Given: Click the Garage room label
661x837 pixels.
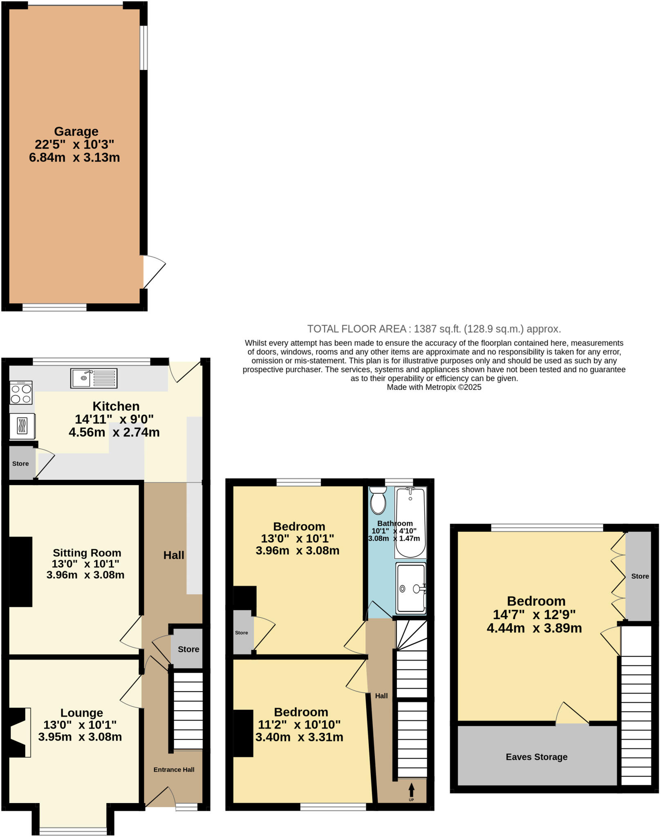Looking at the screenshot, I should (x=76, y=132).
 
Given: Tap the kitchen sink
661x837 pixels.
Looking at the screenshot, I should (x=94, y=378).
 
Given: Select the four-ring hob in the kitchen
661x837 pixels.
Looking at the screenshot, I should (x=21, y=393).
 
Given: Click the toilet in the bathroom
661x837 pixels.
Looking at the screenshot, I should (x=378, y=501).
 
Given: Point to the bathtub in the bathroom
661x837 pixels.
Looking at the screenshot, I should (x=410, y=522).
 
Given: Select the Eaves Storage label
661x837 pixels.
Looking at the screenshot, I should (x=536, y=757).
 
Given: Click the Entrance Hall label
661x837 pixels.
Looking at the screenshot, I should (x=174, y=770).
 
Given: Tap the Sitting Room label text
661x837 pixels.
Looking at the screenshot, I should (x=87, y=553).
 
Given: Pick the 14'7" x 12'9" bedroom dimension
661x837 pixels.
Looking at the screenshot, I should (x=534, y=615).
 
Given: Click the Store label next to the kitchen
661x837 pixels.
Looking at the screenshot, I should (x=20, y=464).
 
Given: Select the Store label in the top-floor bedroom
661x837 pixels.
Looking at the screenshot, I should (x=640, y=576).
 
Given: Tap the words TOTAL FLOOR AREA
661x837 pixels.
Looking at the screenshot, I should (x=356, y=329).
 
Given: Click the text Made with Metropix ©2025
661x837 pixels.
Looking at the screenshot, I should (x=434, y=387).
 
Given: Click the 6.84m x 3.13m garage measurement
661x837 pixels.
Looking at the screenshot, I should (x=74, y=157).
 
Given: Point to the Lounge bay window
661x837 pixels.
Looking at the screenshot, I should (x=73, y=831).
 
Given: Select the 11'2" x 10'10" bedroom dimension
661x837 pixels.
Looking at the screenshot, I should (x=299, y=725).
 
